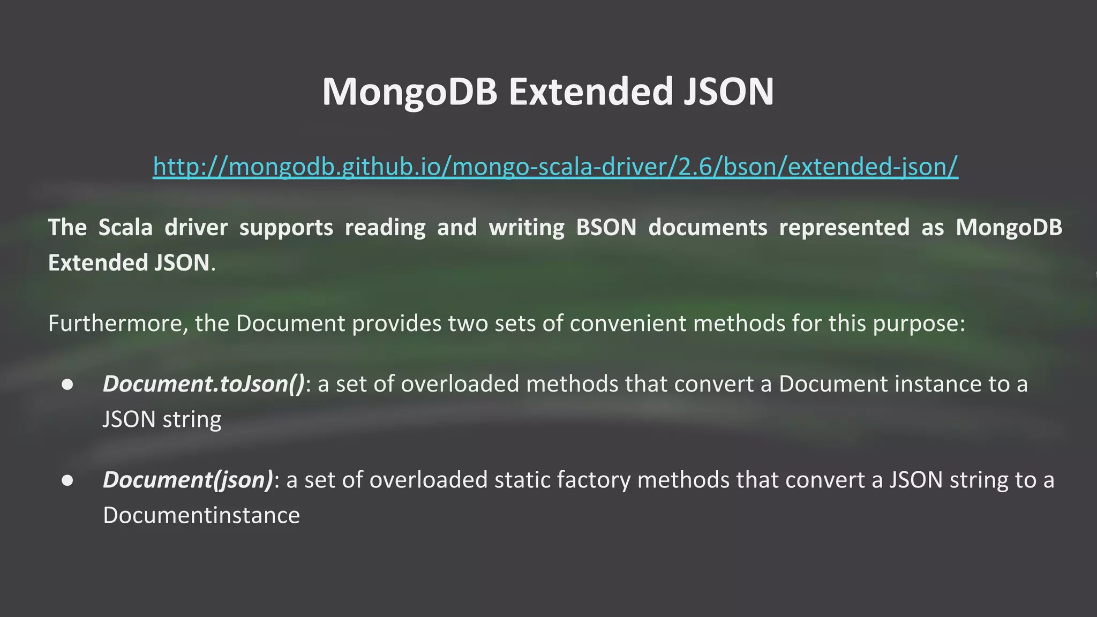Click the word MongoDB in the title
click(410, 92)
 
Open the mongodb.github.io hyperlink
click(555, 167)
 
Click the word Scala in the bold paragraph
click(125, 228)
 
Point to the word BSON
click(606, 228)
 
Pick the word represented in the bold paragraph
click(844, 228)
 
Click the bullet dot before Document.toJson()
click(67, 385)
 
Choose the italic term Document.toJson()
click(204, 385)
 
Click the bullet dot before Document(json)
click(67, 480)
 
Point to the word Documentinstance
click(201, 515)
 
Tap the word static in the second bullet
click(522, 480)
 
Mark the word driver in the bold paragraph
click(196, 228)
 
